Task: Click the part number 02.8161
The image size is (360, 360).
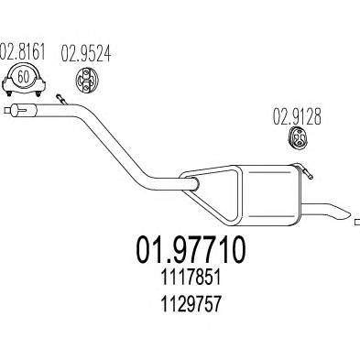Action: coord(22,52)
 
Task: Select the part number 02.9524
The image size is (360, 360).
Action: coord(86,53)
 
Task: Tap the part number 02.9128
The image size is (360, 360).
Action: coord(297,116)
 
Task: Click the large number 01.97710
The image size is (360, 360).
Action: coord(191,250)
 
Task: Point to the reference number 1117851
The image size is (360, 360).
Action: coord(191,278)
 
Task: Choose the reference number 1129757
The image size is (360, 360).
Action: coord(191,304)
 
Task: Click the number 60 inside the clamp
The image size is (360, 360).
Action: coord(23,77)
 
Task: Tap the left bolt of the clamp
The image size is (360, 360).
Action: coord(9,93)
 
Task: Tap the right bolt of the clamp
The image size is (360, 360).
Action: coord(38,93)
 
